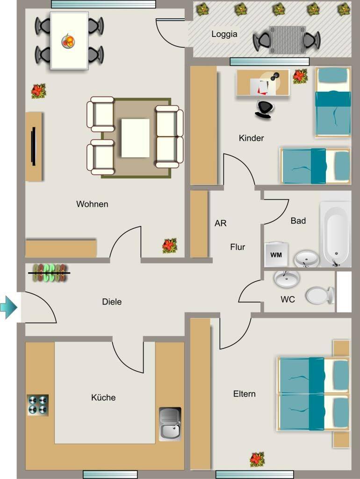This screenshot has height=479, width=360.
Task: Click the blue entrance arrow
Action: (x=8, y=307)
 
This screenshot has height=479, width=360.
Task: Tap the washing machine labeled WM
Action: (x=276, y=254)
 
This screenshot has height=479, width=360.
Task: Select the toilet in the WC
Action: (x=320, y=296)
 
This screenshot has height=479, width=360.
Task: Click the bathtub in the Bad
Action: (x=335, y=234)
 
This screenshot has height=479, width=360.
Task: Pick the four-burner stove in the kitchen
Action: (x=37, y=405)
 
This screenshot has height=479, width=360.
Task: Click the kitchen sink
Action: (x=170, y=424)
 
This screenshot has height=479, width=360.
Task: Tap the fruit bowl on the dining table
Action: (x=68, y=41)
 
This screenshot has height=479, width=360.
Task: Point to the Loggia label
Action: (x=224, y=34)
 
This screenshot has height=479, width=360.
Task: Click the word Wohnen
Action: (x=92, y=204)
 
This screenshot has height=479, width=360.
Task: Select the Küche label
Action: (x=103, y=398)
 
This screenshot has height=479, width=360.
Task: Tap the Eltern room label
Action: (x=244, y=394)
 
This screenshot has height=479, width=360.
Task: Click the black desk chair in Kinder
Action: (x=264, y=109)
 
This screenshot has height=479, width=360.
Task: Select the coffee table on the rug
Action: (x=135, y=138)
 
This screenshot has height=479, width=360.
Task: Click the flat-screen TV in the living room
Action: (x=33, y=146)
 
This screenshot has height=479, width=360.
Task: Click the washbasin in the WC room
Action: (x=287, y=278)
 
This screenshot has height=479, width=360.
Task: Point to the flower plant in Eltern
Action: (x=257, y=459)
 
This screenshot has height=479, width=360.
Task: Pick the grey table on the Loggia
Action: (x=287, y=40)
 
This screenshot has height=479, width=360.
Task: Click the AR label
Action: (x=221, y=223)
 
